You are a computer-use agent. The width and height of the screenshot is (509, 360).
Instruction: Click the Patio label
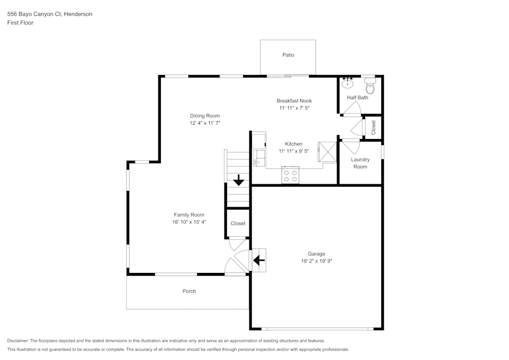pyautogui.click(x=288, y=55)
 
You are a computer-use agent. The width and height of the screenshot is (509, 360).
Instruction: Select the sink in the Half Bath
pyautogui.click(x=348, y=83)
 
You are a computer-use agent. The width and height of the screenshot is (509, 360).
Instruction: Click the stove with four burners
pyautogui.click(x=290, y=176)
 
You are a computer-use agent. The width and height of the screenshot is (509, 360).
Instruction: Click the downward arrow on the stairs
pyautogui.click(x=238, y=180)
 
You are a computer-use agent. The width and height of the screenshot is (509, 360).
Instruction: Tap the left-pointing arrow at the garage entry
pyautogui.click(x=259, y=261)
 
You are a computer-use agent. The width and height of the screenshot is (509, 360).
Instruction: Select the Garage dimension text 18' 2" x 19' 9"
pyautogui.click(x=316, y=261)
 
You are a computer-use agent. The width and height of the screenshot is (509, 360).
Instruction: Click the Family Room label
pyautogui.click(x=189, y=215)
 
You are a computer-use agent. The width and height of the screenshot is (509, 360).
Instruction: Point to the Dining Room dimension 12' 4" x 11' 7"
pyautogui.click(x=205, y=123)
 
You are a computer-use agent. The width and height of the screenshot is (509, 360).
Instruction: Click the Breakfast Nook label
pyautogui.click(x=294, y=101)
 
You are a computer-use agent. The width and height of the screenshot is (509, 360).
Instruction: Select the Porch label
pyautogui.click(x=189, y=291)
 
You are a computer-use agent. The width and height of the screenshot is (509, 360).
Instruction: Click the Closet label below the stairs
pyautogui.click(x=238, y=224)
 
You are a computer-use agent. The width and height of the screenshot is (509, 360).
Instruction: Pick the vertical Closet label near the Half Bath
pyautogui.click(x=374, y=127)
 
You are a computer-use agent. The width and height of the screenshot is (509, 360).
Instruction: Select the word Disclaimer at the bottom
pyautogui.click(x=18, y=341)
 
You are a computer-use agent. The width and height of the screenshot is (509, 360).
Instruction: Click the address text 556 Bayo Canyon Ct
pyautogui.click(x=35, y=14)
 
